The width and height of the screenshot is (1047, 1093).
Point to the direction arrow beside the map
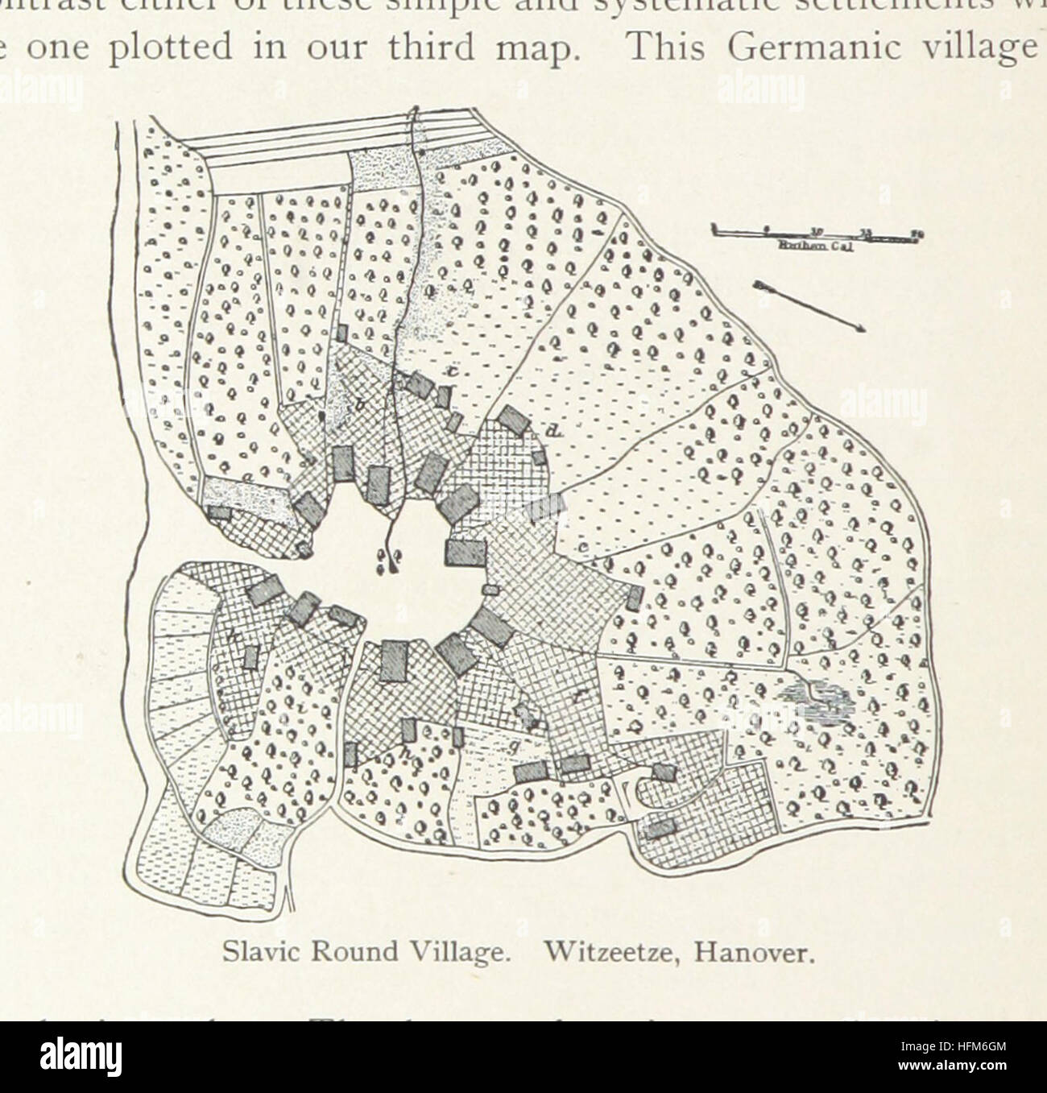pos(810,306)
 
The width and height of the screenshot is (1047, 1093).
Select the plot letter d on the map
pos(552,433)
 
